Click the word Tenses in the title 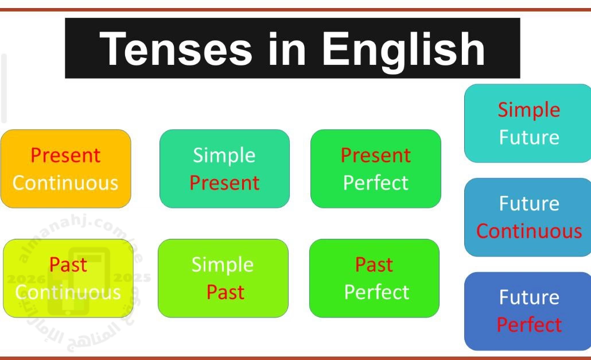(x=176, y=49)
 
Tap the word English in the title (x=403, y=50)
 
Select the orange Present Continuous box (x=66, y=168)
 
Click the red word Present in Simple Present (x=224, y=183)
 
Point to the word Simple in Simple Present (x=224, y=155)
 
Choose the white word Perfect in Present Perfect (x=376, y=183)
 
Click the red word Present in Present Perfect (x=376, y=155)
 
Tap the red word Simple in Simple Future (x=529, y=110)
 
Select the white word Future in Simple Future (x=529, y=137)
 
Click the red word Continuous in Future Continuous (x=529, y=231)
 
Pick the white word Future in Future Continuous (x=529, y=204)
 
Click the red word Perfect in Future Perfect (x=529, y=324)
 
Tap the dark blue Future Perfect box (x=528, y=311)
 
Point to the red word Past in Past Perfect (x=374, y=265)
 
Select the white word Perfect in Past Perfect (x=376, y=292)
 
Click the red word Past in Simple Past (x=225, y=292)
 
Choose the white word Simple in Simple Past (x=223, y=265)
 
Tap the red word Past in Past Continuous (x=68, y=265)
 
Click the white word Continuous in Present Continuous (x=65, y=183)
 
